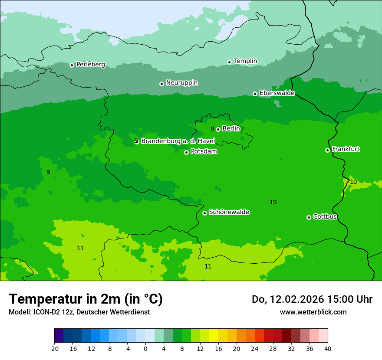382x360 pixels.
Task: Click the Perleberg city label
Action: coord(90,65)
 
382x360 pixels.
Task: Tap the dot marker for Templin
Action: coord(229,62)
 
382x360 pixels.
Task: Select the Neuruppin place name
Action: coord(181,83)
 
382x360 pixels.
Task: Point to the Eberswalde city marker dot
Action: coord(255,94)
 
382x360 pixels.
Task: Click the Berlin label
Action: coord(231,128)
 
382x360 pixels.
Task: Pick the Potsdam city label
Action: coord(204,151)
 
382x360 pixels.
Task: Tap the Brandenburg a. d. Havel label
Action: coord(178,141)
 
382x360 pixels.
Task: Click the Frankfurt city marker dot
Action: coord(327,150)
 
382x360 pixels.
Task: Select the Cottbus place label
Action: coord(325,216)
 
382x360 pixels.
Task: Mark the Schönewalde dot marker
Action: coord(204,213)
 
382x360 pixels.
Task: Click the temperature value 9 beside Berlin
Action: coord(212,129)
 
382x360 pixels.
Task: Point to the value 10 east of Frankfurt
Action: coord(353,182)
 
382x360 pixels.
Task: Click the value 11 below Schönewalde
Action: coord(208,266)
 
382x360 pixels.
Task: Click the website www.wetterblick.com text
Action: coord(313,312)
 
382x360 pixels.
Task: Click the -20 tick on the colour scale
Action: coord(54,348)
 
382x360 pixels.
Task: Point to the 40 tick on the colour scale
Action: coord(327,348)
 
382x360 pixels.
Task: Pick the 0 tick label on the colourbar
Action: coord(145,348)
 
